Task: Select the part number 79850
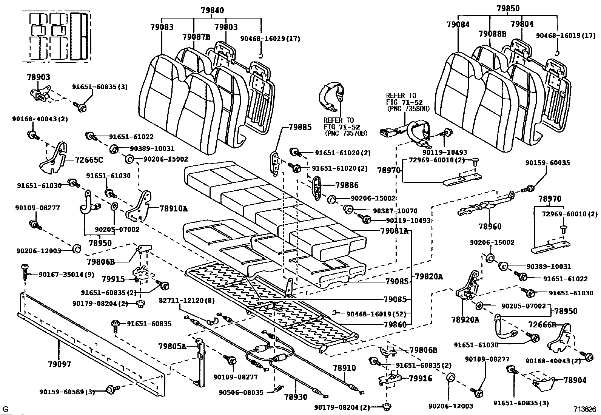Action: tap(508, 8)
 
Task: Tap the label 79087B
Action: tap(196, 37)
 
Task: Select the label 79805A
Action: tap(172, 346)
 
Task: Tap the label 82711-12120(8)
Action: tap(186, 301)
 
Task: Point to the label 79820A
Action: tap(429, 277)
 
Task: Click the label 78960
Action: tap(490, 227)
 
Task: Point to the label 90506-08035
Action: tap(241, 392)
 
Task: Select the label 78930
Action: tap(296, 397)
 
